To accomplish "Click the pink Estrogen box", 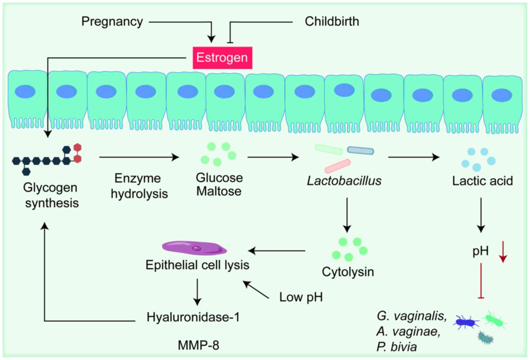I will [222, 58].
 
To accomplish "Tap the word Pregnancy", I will [112, 22].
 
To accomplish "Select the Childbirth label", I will [332, 22].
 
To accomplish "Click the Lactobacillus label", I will [344, 181].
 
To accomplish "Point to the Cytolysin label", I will [348, 272].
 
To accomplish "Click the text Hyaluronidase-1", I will [193, 317].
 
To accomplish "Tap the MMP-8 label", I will [198, 345].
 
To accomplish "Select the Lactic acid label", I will [482, 181].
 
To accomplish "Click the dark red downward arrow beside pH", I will [503, 252].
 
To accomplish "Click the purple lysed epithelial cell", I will [194, 248].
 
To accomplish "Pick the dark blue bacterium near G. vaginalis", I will [466, 322].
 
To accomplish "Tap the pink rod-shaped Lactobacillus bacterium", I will [337, 166].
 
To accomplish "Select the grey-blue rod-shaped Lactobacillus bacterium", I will [360, 150].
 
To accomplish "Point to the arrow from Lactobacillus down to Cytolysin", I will [347, 215].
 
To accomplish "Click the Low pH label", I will [301, 297].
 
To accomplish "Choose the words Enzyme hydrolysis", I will [139, 186].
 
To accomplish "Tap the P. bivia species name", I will [396, 347].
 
